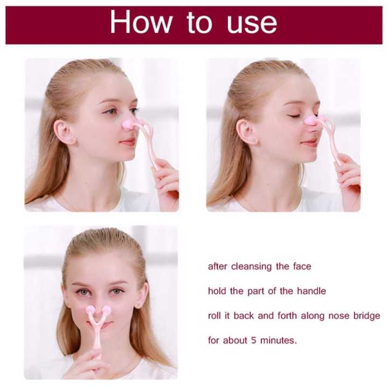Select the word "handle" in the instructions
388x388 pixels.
[312, 291]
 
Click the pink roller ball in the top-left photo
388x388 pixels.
[128, 124]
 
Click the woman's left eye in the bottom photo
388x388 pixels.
[118, 292]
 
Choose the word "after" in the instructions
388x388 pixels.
[218, 266]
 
